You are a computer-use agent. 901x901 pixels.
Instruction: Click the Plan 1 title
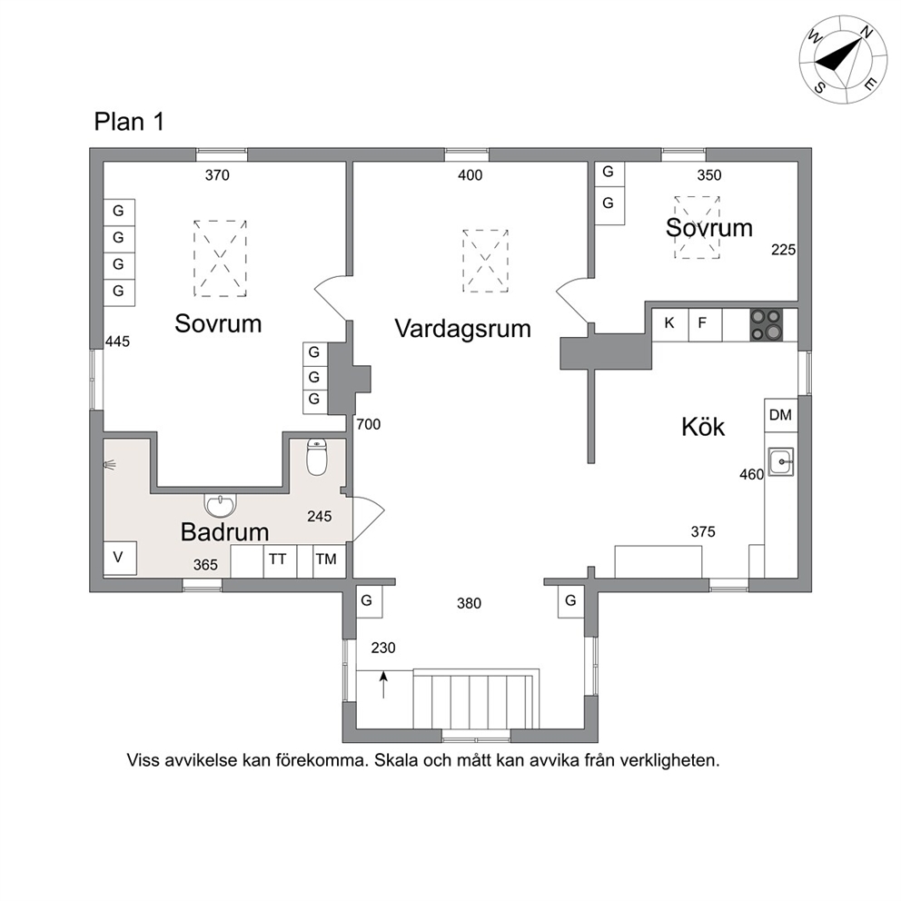(129, 122)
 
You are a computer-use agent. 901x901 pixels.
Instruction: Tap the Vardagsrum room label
(462, 329)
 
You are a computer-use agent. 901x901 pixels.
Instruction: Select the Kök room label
(703, 427)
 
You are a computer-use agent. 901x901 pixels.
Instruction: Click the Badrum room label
(224, 532)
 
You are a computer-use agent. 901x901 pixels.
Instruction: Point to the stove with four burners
(766, 325)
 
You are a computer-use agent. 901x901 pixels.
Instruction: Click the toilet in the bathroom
(317, 457)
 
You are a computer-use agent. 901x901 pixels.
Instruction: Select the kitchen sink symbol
(781, 461)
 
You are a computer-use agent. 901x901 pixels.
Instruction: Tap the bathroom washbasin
(221, 506)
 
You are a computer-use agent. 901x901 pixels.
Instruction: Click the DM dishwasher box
(781, 415)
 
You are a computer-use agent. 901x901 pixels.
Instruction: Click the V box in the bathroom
(120, 558)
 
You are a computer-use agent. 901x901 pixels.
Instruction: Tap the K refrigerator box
(670, 324)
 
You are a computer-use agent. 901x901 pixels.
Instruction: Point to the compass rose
(843, 60)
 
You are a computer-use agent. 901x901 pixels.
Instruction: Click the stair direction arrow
(383, 684)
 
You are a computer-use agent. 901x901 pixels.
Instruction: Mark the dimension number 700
(369, 425)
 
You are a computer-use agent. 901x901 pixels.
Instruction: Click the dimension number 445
(117, 342)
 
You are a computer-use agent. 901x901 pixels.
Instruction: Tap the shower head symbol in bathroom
(110, 464)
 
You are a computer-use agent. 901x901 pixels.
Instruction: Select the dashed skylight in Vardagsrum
(486, 261)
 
